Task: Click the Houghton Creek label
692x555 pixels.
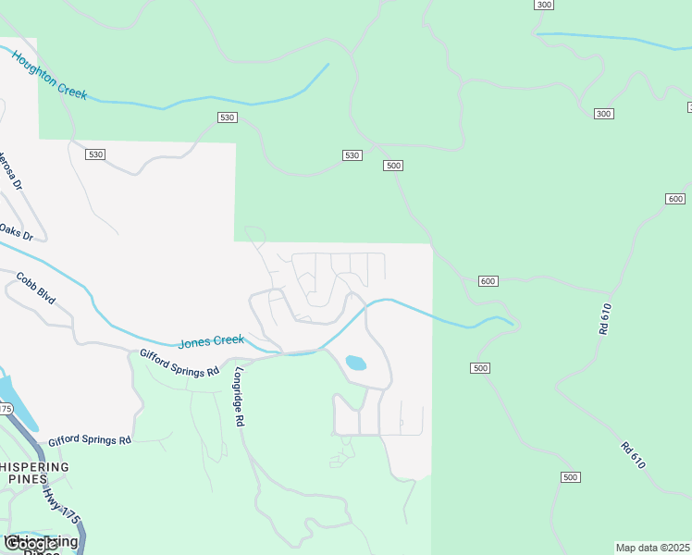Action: click(49, 75)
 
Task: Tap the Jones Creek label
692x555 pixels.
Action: click(211, 341)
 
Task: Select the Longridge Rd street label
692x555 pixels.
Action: click(238, 397)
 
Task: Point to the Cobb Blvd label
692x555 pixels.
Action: click(36, 289)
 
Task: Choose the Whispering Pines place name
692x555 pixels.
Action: click(35, 473)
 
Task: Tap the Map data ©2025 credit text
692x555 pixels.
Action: click(653, 548)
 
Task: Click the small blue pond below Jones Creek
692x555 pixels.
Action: click(355, 363)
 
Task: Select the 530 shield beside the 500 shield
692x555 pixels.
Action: click(352, 154)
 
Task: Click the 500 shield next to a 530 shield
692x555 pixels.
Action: click(393, 166)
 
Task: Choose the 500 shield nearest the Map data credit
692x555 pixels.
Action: click(570, 477)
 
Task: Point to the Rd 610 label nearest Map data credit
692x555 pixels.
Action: click(633, 454)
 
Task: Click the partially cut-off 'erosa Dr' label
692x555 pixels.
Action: click(10, 168)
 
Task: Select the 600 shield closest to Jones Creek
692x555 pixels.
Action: click(488, 281)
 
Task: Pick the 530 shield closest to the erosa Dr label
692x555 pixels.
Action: click(95, 154)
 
